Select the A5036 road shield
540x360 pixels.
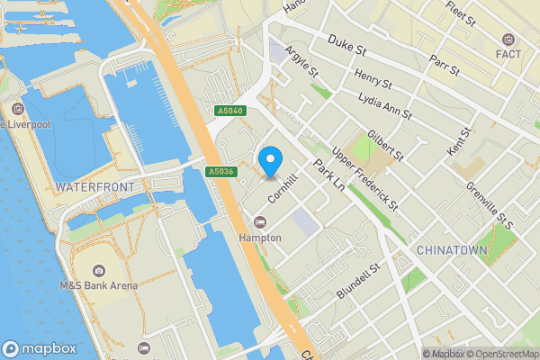pos(220,172)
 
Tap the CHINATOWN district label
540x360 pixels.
pos(452,249)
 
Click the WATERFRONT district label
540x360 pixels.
pos(94,186)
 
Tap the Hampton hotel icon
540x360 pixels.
pos(261,222)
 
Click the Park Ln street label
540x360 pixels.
pos(329,172)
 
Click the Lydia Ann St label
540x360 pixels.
pos(384,104)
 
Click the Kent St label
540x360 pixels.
pos(459,139)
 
